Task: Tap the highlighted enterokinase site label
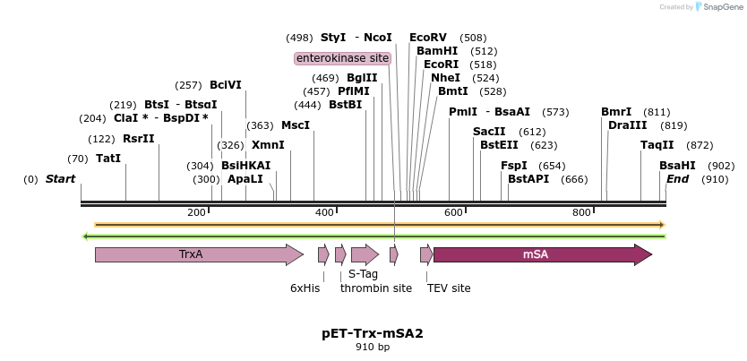coord(343,58)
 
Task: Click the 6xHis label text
coord(305,288)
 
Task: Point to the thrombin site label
coord(376,288)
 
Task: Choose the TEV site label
coord(449,288)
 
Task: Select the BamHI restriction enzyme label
coord(437,51)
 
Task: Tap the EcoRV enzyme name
coord(428,38)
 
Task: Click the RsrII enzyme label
coord(139,139)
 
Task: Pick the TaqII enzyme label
coord(657,145)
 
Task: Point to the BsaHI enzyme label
coord(677,166)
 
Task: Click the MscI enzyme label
coord(296,125)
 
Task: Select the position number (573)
coord(555,112)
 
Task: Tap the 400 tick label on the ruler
coord(324,212)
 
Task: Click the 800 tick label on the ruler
coord(581,212)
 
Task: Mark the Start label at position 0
coord(61,179)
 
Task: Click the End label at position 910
coord(678,179)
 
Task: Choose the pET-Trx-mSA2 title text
coord(373,333)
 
